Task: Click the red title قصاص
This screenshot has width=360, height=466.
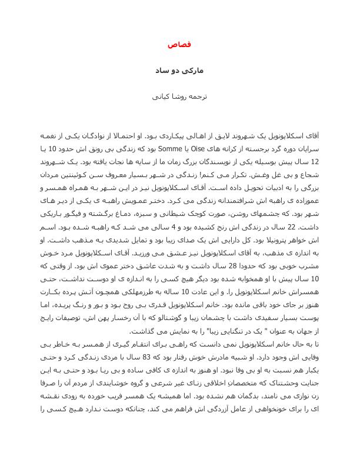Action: pos(179,45)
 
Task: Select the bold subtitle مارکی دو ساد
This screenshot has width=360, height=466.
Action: pos(179,69)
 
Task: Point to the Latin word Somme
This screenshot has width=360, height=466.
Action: pos(184,149)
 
